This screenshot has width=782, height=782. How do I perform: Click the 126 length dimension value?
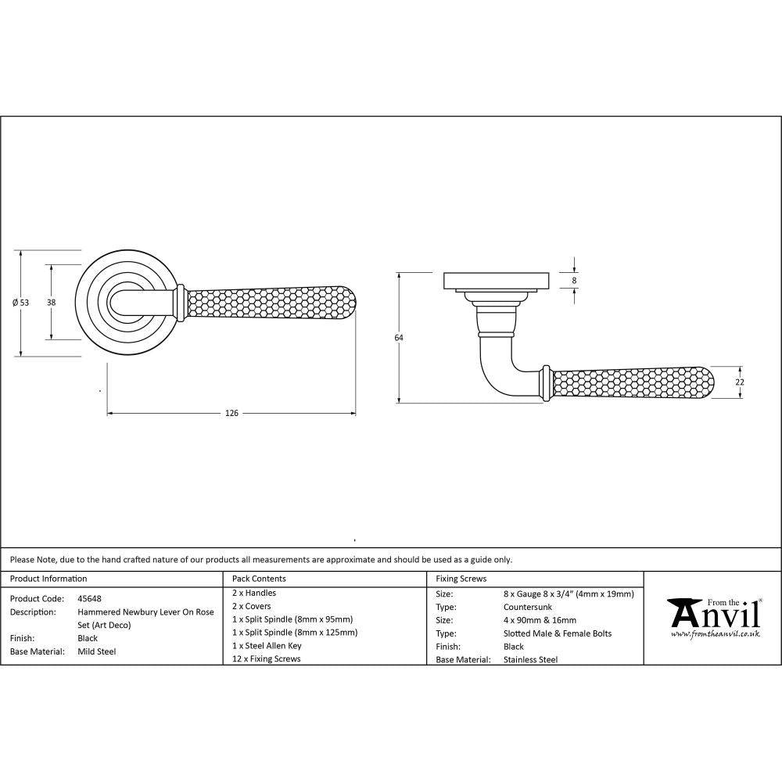pos(231,413)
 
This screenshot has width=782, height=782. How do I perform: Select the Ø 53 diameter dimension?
pos(21,303)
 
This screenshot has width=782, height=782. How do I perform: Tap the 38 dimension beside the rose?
pos(51,302)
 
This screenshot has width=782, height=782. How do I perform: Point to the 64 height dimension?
pos(399,337)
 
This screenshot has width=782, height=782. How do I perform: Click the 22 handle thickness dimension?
pos(740,382)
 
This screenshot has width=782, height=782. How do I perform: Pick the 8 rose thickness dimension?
pos(575,280)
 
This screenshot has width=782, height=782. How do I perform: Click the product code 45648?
pos(89,597)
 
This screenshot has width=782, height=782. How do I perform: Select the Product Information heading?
pos(48,579)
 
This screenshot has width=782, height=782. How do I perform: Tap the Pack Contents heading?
pos(259,579)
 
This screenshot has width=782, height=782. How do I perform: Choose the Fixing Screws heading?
pos(461,579)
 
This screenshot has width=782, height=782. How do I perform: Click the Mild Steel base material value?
pos(96,651)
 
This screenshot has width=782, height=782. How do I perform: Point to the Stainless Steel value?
pos(531,659)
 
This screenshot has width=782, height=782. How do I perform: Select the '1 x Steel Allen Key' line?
pos(267,646)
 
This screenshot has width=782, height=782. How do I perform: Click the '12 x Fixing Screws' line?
pos(266,659)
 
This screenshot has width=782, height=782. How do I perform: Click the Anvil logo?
pos(713,614)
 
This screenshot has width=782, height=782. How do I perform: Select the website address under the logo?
pos(715,634)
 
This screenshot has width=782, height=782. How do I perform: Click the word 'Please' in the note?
pos(22,560)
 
